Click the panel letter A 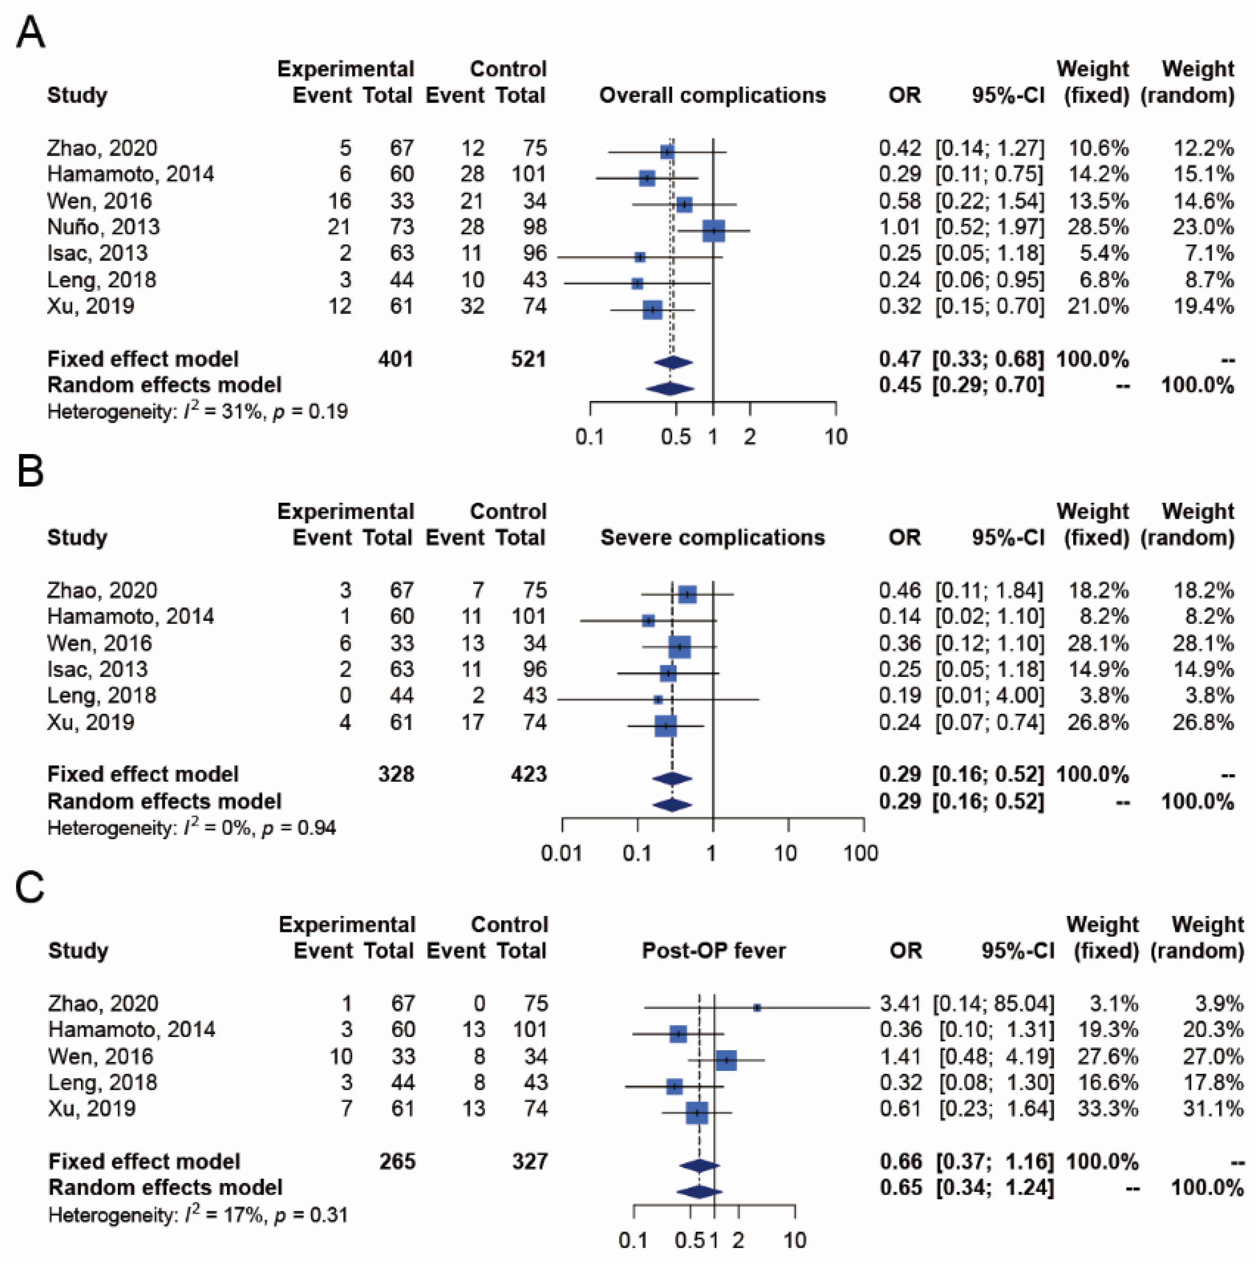click(30, 32)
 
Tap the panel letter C click(30, 888)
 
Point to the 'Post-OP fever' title click(713, 951)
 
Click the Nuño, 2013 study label click(104, 227)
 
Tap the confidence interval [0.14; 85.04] click(993, 1004)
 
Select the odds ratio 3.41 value click(901, 1004)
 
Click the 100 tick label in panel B click(861, 853)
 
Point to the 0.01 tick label click(562, 853)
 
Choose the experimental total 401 click(395, 359)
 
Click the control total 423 click(529, 775)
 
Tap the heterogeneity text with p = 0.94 click(192, 828)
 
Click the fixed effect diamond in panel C click(700, 1166)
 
